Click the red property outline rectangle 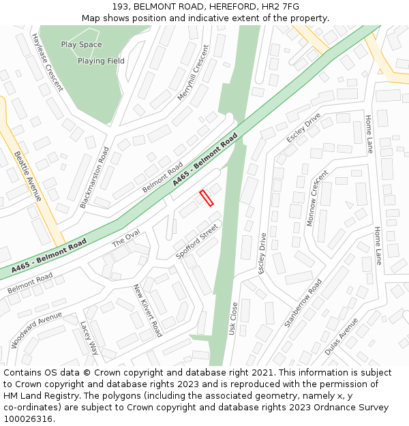[206, 198]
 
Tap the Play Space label [81, 45]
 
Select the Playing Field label [101, 61]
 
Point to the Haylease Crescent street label [47, 62]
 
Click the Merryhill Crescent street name [193, 74]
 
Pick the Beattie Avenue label [27, 176]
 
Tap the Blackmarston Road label [94, 177]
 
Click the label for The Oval [125, 238]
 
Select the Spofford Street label [197, 241]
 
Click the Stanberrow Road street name [303, 303]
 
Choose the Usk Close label [233, 318]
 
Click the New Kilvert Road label [147, 310]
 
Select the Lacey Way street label [89, 338]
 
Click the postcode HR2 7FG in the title [282, 6]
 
